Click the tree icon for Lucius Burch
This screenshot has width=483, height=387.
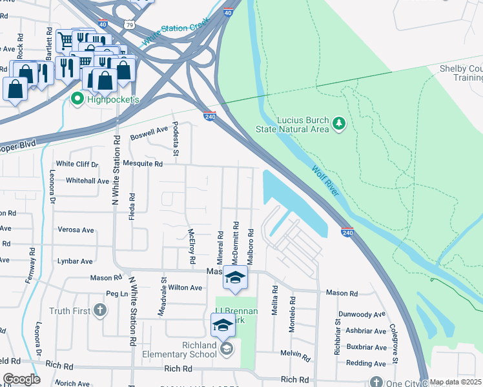[338, 123]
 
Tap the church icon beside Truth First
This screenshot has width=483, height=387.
[99, 311]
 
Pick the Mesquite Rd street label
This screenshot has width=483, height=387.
[143, 164]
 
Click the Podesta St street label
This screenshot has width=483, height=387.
[175, 138]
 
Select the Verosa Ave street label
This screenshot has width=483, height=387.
[76, 230]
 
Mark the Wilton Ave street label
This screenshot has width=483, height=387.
[186, 288]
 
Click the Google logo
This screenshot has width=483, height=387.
[21, 379]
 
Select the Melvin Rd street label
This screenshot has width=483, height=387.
[296, 353]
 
